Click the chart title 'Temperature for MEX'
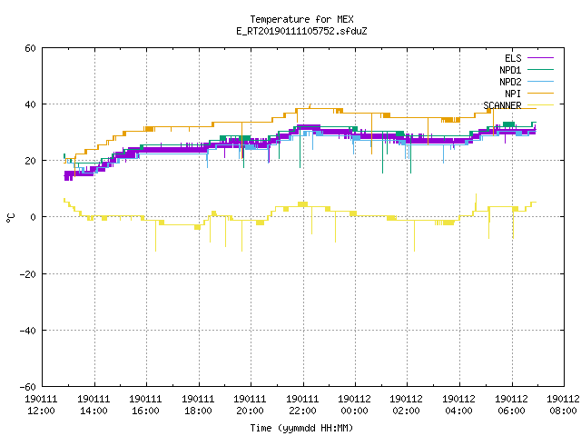coord(301,19)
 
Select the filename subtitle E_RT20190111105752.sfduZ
coord(301,31)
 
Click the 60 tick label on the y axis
coord(30,48)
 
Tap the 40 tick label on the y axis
coord(30,104)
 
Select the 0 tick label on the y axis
coord(33,217)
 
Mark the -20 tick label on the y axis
coord(27,274)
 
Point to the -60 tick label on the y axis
coord(27,387)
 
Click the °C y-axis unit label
coord(10,218)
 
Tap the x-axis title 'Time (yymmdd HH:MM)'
coord(301,428)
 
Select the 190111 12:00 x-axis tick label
coord(41,405)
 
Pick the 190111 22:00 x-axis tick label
coord(302,405)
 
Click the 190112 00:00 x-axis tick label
coord(355,405)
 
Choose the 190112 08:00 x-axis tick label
coord(563,405)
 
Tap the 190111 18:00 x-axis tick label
coord(198,405)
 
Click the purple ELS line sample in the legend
coord(540,58)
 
